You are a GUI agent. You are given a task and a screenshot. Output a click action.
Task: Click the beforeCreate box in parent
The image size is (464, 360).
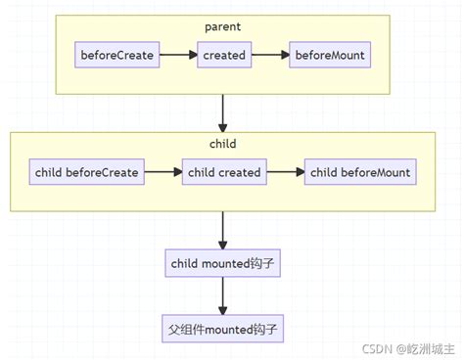pos(117,56)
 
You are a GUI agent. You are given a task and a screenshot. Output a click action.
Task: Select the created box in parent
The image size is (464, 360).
pos(223,56)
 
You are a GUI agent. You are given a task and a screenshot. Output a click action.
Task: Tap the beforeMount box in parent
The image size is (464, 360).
pos(329,56)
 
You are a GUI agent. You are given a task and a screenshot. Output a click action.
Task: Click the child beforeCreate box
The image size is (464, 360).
pos(87,173)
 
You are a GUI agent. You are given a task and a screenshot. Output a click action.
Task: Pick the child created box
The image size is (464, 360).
pos(224,173)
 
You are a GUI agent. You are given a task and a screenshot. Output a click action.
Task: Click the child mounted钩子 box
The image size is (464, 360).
pos(224,262)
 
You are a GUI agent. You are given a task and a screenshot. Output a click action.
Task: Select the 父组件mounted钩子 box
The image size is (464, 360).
pos(224,328)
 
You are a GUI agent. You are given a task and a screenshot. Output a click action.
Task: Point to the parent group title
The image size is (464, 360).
pos(223,27)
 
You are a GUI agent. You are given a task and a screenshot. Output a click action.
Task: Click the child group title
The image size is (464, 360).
pos(223,143)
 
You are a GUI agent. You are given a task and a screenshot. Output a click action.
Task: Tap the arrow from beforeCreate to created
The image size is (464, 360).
pos(179,56)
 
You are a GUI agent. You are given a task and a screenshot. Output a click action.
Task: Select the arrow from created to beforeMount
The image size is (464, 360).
pos(270,56)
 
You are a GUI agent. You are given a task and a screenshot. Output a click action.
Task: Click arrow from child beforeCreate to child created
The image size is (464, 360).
pos(162,173)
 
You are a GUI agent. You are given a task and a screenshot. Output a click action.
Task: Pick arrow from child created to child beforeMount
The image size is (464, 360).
pos(286,173)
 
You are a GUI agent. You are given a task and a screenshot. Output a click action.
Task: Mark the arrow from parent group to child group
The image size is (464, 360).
pos(223,112)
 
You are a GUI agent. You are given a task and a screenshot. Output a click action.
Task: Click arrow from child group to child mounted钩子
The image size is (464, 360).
pos(223,229)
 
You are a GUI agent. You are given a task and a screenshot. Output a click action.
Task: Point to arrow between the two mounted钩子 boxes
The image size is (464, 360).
pos(223,294)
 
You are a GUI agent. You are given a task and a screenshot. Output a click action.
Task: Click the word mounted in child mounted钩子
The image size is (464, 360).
pos(225,262)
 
